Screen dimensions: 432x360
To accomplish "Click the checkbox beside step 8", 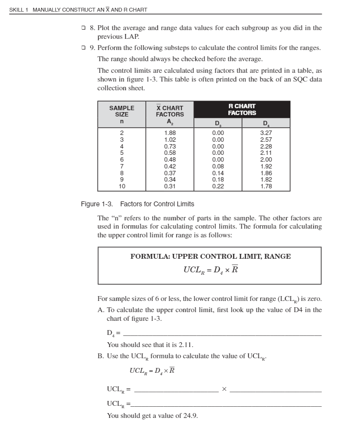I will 85,28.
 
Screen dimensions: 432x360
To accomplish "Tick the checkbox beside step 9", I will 85,48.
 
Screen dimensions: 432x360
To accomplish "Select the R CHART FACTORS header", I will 242,109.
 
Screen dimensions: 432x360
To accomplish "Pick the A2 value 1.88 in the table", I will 170,133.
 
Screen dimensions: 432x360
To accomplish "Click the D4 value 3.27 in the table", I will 266,133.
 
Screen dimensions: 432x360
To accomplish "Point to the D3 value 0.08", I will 218,166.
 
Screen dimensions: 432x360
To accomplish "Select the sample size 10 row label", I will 122,186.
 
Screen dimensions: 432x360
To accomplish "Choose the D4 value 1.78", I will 266,186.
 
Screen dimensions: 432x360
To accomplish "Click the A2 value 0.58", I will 170,153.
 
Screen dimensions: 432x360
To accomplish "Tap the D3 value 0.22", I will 218,186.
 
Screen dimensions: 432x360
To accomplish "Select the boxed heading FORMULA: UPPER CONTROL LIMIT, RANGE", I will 210,256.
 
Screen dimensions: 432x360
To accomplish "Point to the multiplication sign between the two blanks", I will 224,389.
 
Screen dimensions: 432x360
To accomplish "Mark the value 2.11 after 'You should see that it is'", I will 186,345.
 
